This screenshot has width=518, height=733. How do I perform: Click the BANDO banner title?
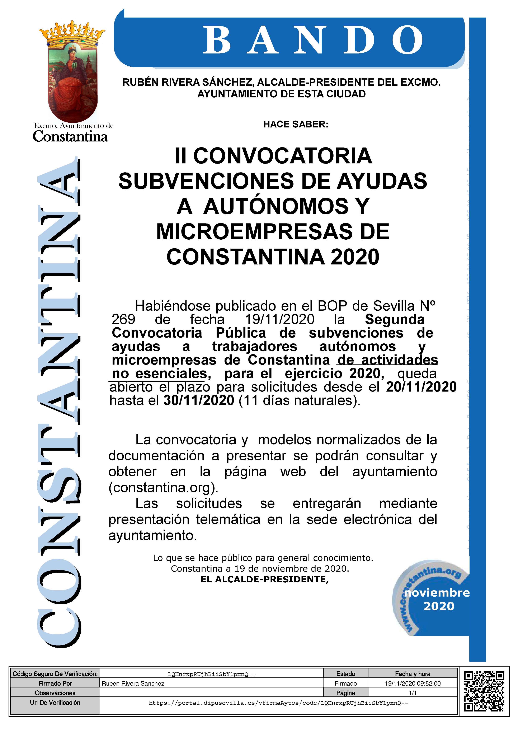pos(312,41)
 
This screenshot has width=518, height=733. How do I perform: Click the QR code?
pos(484,691)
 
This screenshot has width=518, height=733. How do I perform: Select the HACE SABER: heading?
pos(296,124)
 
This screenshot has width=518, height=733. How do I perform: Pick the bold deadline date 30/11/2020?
pos(199,400)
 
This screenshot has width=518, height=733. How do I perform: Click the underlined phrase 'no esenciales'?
pos(160,373)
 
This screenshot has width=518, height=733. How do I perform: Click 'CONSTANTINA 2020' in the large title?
pos(273,257)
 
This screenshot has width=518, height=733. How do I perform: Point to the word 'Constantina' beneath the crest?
pos(71,137)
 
